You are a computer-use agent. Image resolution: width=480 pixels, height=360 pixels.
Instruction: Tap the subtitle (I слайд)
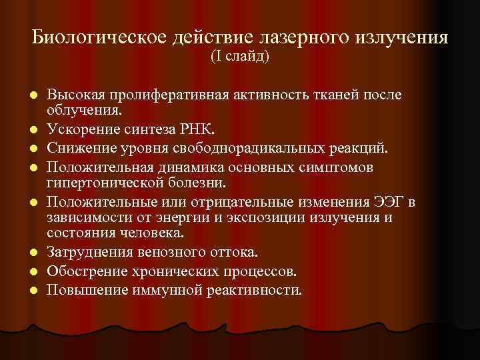pyautogui.click(x=240, y=57)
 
